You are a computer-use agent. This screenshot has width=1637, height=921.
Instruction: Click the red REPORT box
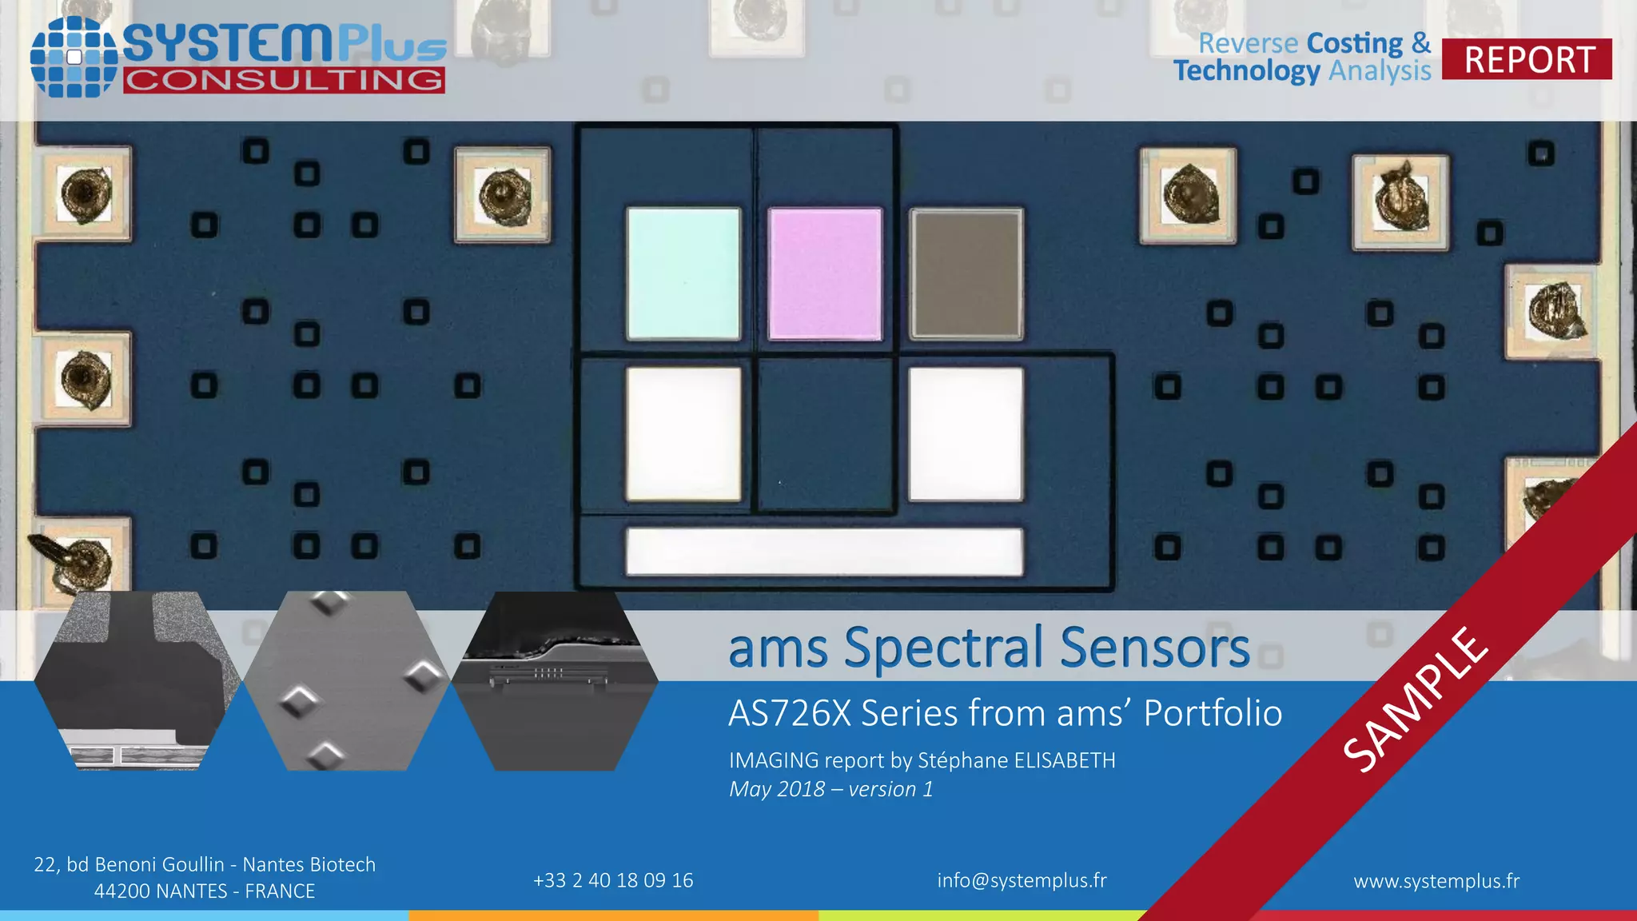[1527, 59]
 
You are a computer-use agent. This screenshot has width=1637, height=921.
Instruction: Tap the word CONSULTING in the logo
[284, 80]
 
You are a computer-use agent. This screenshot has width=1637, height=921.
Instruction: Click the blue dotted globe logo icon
[74, 57]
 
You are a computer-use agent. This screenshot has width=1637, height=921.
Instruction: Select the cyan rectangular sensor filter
[683, 273]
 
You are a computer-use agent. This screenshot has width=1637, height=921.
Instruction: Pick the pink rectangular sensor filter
[825, 273]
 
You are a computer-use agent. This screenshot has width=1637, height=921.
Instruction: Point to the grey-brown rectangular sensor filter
[966, 273]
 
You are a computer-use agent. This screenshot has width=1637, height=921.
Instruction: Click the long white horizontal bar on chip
[824, 551]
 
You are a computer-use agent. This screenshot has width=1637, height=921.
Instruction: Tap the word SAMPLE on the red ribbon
[1416, 699]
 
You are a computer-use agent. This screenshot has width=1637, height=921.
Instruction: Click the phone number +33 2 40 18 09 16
[613, 880]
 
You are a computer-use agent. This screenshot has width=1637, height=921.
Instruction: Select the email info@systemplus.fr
[1022, 880]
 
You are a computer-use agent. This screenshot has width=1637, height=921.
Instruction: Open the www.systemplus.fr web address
[1436, 881]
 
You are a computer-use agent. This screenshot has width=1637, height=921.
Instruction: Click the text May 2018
[776, 789]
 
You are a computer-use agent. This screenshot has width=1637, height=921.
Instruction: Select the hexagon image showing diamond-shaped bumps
[347, 681]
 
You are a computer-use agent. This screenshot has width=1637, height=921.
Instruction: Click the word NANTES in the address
[161, 891]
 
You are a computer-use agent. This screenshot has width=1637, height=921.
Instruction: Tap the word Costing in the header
[1355, 43]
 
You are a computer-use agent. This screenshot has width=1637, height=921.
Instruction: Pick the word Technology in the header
[1246, 70]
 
